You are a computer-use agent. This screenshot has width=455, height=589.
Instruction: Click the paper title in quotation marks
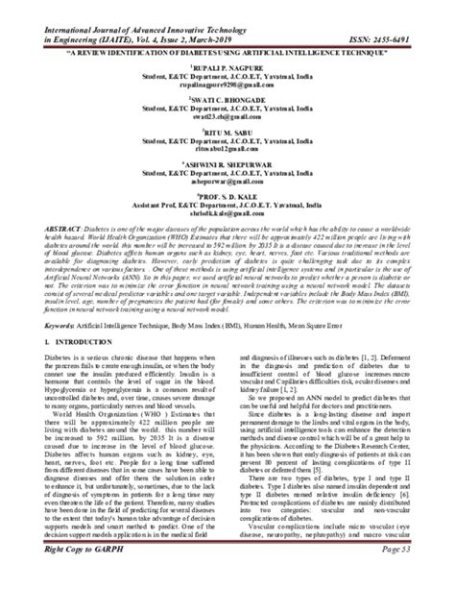tap(227, 53)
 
